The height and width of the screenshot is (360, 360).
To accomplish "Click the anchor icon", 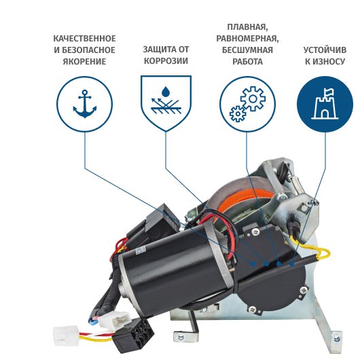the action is (85, 104).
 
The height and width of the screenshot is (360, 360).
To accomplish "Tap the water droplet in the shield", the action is (166, 92).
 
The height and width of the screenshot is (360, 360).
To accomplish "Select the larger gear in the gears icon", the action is (253, 98).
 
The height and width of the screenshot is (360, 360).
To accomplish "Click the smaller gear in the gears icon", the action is (238, 113).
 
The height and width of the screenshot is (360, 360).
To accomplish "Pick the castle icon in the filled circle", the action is (325, 104).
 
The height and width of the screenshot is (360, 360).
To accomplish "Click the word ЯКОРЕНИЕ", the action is (84, 62).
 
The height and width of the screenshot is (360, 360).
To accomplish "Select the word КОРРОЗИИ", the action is (166, 61).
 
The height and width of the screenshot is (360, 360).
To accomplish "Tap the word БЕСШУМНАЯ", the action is (247, 50).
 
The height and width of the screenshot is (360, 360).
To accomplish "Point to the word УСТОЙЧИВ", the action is (325, 50).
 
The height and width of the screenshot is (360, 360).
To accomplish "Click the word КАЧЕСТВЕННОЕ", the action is (84, 39).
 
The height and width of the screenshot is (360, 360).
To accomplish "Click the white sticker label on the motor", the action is (140, 250).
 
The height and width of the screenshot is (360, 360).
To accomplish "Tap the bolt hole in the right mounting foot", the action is (337, 338).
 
